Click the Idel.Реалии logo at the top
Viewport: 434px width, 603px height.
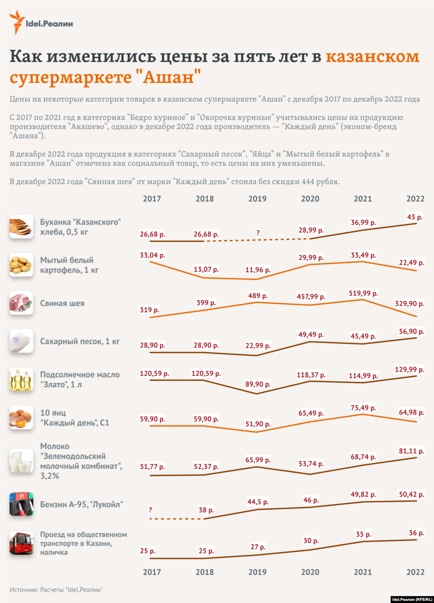[x=41, y=23]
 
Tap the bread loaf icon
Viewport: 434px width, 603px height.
[x=21, y=227]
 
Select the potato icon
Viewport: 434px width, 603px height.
[x=21, y=265]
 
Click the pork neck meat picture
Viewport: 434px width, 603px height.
[x=21, y=303]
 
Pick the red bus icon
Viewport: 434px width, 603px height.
[x=21, y=543]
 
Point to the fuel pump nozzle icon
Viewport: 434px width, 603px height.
[x=21, y=504]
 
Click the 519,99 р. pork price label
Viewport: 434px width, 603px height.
[x=363, y=293]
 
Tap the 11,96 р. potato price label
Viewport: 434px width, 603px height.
[x=258, y=270]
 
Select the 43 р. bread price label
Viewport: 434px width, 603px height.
[x=415, y=217]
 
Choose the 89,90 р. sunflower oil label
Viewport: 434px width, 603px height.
[x=258, y=384]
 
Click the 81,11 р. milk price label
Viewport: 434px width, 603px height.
[x=411, y=451]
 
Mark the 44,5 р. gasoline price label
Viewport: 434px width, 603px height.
[x=258, y=502]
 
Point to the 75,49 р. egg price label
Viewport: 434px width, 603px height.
[x=363, y=408]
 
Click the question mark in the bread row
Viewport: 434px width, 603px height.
[x=258, y=233]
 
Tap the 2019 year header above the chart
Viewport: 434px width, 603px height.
[x=257, y=199]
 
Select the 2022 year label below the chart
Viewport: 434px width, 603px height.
[x=415, y=572]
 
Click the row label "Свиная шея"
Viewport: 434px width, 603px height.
[x=62, y=303]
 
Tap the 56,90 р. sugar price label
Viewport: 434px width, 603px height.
[x=411, y=332]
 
